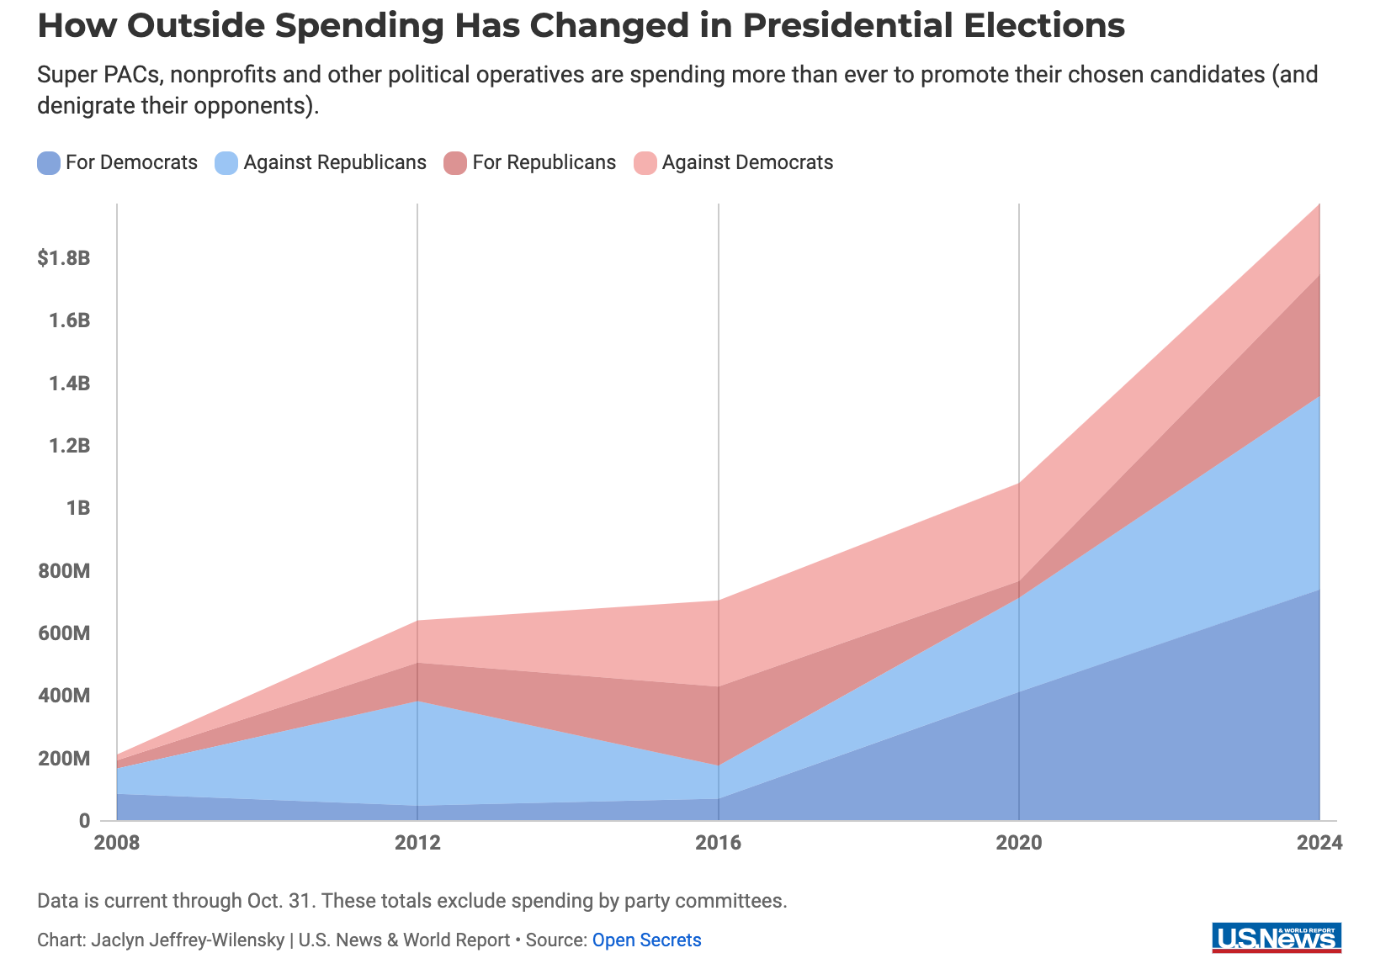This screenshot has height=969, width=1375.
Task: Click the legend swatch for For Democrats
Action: point(49,162)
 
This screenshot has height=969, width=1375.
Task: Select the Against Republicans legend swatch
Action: point(227,162)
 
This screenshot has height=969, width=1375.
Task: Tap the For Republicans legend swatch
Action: point(456,162)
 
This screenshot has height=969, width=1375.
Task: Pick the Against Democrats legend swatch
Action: point(645,162)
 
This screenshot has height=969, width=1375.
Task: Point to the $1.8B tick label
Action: point(64,257)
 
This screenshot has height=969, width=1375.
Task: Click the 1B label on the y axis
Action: point(77,508)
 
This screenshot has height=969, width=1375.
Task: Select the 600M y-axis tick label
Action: point(64,633)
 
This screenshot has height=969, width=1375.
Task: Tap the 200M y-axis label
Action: point(64,759)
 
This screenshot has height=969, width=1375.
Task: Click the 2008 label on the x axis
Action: point(116,843)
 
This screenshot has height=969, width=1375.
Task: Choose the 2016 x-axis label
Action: point(718,843)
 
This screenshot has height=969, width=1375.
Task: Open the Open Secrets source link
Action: point(646,940)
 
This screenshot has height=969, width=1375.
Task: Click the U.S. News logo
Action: point(1277,938)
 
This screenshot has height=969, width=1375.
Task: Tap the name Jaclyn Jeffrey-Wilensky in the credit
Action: point(188,940)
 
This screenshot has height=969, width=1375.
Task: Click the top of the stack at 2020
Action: point(1019,483)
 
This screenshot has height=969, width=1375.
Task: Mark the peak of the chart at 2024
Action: point(1319,204)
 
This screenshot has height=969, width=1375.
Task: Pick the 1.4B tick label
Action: point(69,383)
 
